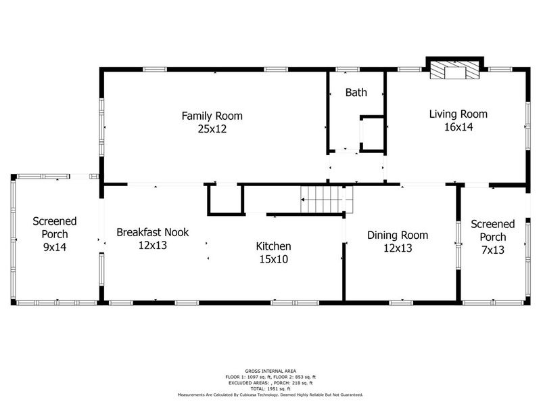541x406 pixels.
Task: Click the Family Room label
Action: [212, 116]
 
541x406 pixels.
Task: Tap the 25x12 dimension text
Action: [212, 129]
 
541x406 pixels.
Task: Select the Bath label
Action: [356, 93]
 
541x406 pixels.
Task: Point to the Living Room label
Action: [458, 114]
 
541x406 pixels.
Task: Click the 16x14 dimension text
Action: [458, 127]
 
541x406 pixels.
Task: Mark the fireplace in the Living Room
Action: [454, 70]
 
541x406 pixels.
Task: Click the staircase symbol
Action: [327, 200]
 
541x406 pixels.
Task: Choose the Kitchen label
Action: [274, 246]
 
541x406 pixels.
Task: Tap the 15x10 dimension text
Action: [274, 259]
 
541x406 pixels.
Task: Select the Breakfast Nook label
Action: [153, 232]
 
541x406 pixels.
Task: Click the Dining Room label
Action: [398, 235]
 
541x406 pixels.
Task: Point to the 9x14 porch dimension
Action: [55, 247]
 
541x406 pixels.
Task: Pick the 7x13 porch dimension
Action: [493, 250]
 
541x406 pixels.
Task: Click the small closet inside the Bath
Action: [373, 134]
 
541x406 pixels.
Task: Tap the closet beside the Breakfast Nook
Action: [226, 200]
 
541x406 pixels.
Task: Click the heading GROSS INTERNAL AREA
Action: [270, 371]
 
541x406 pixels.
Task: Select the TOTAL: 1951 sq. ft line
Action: [270, 388]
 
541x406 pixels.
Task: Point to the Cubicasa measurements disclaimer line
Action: [270, 394]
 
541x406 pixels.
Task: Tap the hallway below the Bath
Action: [356, 167]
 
